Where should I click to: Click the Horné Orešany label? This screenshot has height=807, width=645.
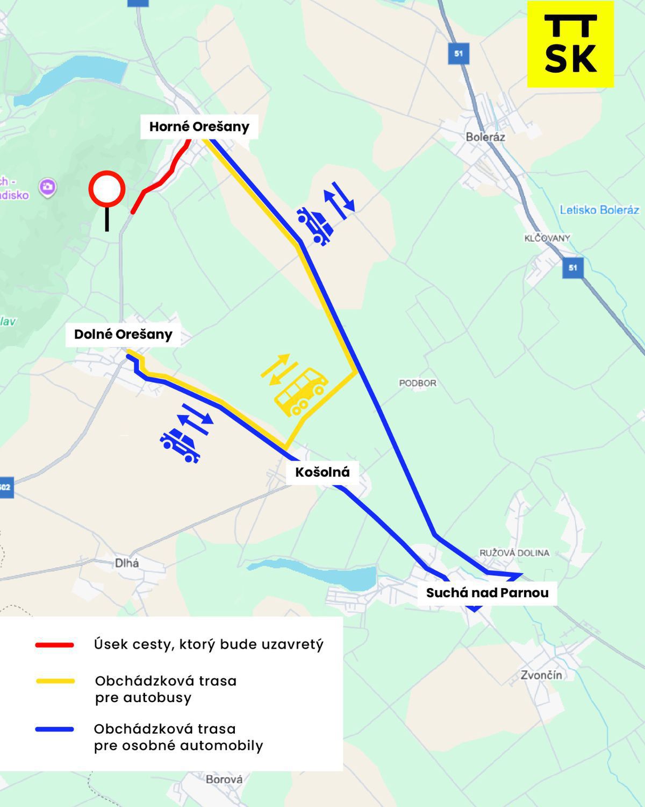(199, 127)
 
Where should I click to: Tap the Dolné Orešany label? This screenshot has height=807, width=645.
(123, 334)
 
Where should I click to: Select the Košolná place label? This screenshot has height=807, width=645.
(322, 472)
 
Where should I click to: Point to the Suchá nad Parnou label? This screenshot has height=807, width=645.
(487, 592)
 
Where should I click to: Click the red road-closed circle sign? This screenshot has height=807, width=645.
(107, 189)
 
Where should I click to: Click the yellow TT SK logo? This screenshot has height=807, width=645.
(570, 44)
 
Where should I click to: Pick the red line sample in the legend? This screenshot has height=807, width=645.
(54, 645)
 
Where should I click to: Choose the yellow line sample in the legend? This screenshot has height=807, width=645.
(54, 681)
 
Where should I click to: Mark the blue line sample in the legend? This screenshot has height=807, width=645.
(54, 730)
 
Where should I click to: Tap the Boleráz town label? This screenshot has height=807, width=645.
(485, 137)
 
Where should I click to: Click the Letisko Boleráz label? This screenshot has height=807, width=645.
(599, 210)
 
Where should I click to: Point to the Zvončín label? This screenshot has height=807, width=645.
(541, 675)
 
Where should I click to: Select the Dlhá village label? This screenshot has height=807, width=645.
(127, 563)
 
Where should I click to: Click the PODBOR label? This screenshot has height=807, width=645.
(418, 383)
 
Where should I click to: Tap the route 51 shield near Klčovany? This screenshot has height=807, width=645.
(572, 267)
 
